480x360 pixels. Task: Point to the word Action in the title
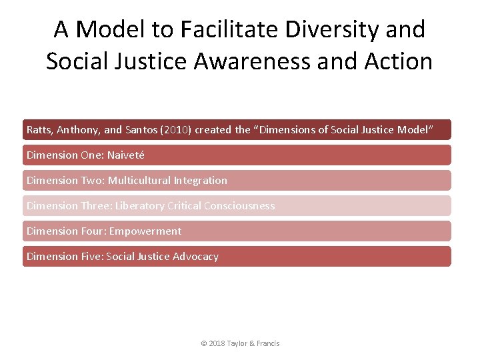399,61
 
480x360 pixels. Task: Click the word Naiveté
125,155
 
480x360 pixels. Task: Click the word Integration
200,180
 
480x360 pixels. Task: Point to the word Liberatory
139,205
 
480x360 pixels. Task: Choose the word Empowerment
145,231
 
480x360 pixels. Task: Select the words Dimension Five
64,256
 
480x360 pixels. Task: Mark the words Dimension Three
69,205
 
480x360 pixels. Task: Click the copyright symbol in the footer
204,343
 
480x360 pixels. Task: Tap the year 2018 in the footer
217,343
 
